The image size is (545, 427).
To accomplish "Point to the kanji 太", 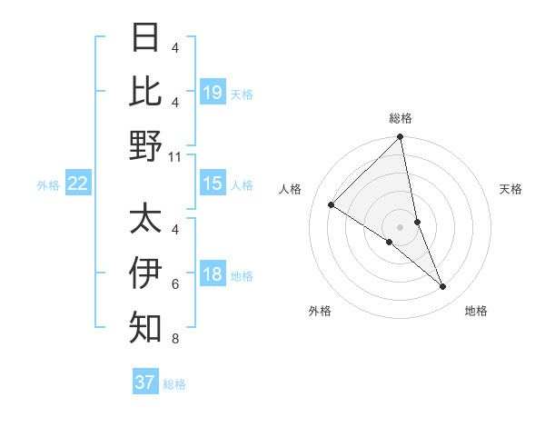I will coord(145,219).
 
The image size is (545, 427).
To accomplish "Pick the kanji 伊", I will coord(145,273).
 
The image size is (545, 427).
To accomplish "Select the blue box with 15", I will coord(213,184).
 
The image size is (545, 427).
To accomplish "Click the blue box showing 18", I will coord(213,274).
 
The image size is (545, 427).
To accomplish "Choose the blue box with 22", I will coord(78,184).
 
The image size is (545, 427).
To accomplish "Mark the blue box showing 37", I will coord(145,382).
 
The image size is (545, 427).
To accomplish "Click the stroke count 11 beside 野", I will coord(175,157).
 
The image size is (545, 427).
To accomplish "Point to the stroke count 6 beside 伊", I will coord(175,284).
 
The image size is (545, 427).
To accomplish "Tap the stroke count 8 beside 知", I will coord(175,340).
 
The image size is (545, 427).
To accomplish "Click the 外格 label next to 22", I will coord(48,184).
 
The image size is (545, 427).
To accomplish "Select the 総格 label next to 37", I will coord(174,383).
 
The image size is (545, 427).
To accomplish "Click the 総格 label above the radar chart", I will coord(401,118).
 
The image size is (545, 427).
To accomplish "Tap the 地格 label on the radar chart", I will coord(476,311).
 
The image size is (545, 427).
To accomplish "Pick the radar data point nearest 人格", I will coord(332,205).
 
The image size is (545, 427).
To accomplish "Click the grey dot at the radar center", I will coord(401,226).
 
